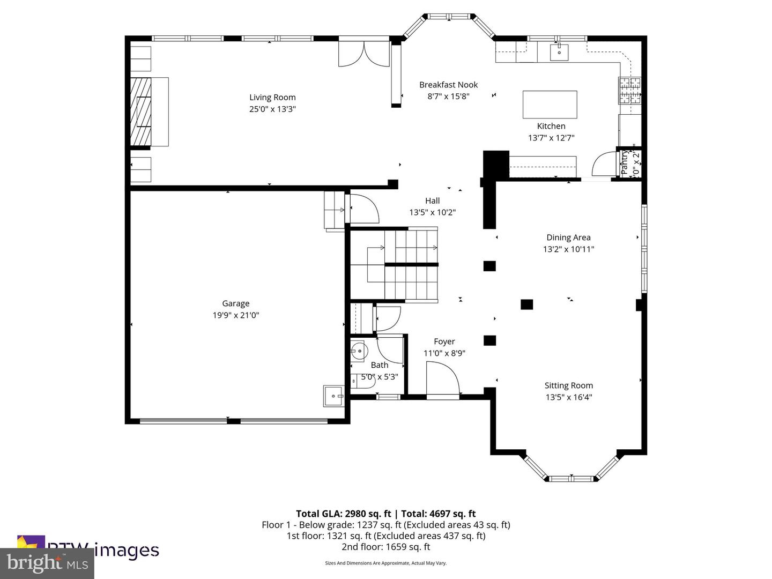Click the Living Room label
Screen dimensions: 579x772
click(272, 97)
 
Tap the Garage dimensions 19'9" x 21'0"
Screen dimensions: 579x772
click(236, 315)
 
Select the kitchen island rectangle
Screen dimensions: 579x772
click(550, 104)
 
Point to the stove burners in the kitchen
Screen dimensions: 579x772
click(629, 91)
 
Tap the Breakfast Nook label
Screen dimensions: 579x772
click(448, 85)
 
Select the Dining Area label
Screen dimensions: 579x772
click(568, 237)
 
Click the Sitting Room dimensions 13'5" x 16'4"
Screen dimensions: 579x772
click(568, 397)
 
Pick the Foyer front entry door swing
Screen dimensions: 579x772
click(443, 380)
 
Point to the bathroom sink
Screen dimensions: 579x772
click(358, 352)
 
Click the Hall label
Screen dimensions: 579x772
click(432, 201)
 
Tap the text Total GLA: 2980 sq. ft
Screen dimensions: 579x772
click(344, 514)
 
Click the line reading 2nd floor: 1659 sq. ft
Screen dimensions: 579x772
click(385, 547)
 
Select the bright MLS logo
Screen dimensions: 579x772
click(47, 563)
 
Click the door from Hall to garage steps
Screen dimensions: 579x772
click(363, 209)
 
